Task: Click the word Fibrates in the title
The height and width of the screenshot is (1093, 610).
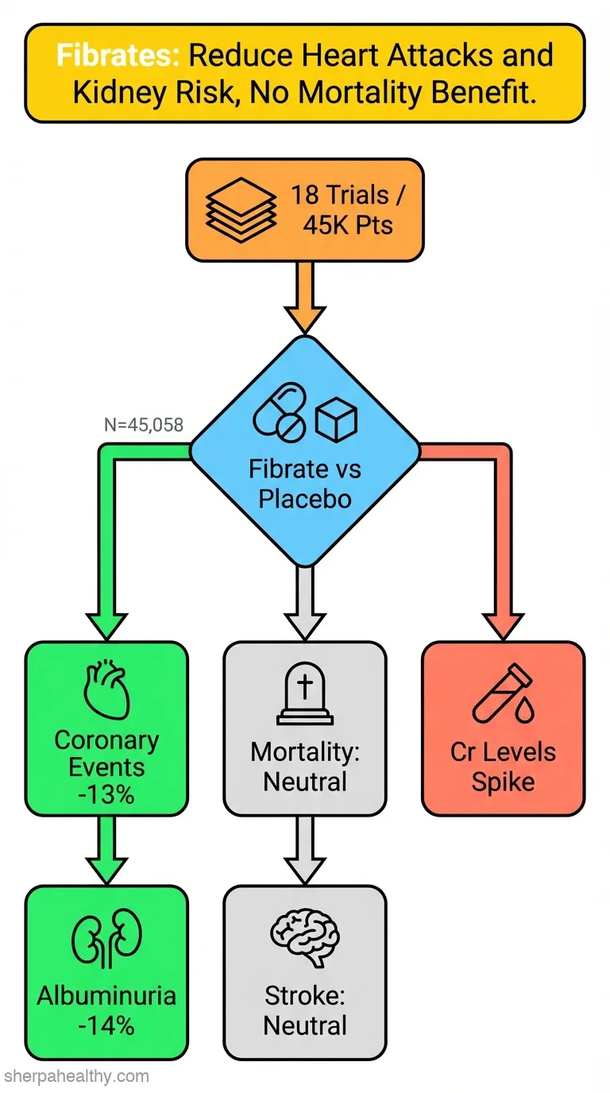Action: pyautogui.click(x=118, y=55)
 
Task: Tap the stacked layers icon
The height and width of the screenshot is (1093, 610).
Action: pyautogui.click(x=241, y=210)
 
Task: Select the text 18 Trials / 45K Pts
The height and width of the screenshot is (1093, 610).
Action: pyautogui.click(x=348, y=210)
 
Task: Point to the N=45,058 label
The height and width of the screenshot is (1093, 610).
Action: pyautogui.click(x=144, y=425)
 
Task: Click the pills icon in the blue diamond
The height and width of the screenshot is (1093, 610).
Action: pyautogui.click(x=280, y=411)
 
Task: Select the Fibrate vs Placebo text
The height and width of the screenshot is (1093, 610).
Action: pyautogui.click(x=305, y=484)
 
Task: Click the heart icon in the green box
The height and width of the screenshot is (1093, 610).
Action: pyautogui.click(x=106, y=689)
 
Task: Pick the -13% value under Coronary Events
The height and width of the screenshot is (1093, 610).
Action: pyautogui.click(x=106, y=795)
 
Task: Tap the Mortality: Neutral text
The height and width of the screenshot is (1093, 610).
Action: pyautogui.click(x=305, y=767)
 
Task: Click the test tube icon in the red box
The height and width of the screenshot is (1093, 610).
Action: pyautogui.click(x=503, y=693)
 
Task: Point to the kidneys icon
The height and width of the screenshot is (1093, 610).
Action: pyautogui.click(x=107, y=938)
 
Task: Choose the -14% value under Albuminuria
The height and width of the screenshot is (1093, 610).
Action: pyautogui.click(x=106, y=1026)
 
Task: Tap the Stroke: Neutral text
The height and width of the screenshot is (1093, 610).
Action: pyautogui.click(x=305, y=1010)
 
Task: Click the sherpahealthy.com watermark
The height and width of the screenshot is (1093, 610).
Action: pyautogui.click(x=76, y=1076)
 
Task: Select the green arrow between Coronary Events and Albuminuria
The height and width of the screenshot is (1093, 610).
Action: pyautogui.click(x=107, y=849)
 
